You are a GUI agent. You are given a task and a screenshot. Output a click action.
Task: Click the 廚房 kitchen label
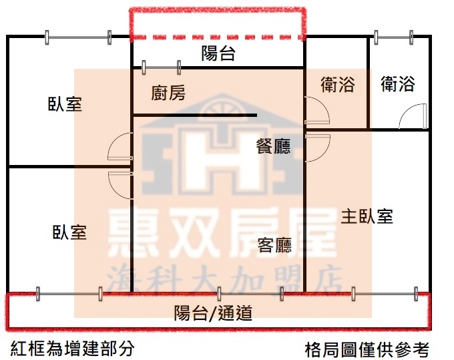click(168, 93)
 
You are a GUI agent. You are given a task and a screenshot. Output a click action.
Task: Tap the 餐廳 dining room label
click(273, 146)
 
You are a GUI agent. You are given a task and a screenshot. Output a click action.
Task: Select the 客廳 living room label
click(274, 245)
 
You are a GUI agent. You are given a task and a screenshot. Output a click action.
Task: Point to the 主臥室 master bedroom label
click(367, 216)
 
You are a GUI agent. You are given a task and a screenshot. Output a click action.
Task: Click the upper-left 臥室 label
click(65, 104)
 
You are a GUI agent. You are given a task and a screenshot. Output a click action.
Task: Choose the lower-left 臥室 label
click(69, 232)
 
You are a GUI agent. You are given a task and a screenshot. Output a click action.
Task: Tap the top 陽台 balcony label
click(218, 53)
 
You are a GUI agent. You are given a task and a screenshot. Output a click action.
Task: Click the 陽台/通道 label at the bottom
click(213, 313)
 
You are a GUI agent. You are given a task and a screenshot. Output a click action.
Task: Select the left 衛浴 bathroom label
click(338, 84)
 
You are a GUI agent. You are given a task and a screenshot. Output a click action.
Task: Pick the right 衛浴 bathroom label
click(397, 83)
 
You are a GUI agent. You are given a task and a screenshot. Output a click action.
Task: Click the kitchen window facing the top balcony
click(162, 67)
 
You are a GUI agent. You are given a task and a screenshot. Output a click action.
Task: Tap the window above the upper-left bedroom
click(77, 37)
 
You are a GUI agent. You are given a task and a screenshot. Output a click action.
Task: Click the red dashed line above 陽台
click(218, 37)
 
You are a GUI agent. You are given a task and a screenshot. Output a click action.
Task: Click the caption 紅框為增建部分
click(72, 348)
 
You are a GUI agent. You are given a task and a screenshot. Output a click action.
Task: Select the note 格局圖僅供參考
click(367, 350)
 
